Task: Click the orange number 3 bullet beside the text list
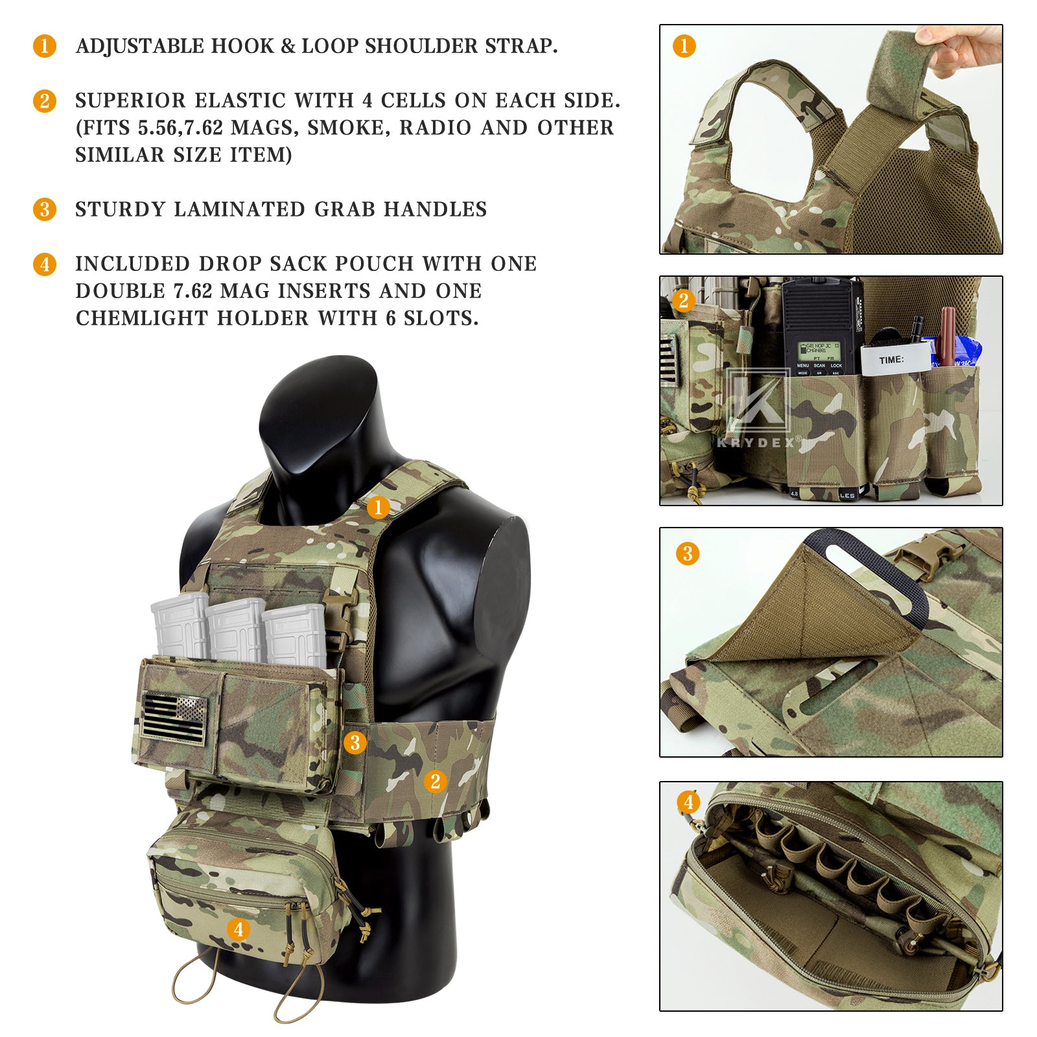(45, 209)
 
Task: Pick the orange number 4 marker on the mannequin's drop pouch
(239, 929)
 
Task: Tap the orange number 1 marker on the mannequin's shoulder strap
(379, 507)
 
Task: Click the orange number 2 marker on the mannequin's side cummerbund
(436, 782)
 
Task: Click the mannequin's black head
(318, 421)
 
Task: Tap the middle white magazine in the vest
(235, 629)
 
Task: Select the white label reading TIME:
(893, 360)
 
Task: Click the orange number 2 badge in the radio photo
(683, 301)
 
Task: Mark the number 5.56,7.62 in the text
(180, 128)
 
